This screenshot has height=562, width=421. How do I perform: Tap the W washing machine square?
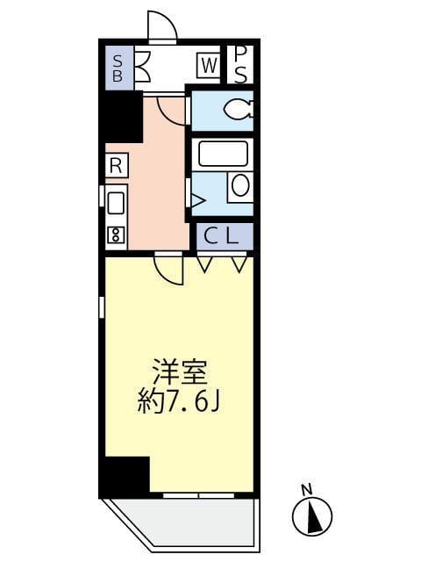[208, 65]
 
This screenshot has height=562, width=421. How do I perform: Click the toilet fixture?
[236, 110]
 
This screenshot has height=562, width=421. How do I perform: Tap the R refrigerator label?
[115, 164]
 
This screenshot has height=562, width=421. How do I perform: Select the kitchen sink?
[116, 203]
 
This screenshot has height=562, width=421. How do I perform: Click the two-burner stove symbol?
[116, 234]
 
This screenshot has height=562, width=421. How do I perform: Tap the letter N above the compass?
[306, 488]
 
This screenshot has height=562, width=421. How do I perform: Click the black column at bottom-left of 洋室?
[125, 476]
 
